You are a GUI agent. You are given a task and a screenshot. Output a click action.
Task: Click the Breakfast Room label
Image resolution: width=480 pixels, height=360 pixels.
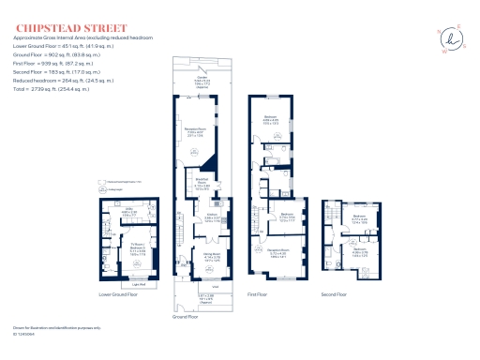(201, 183)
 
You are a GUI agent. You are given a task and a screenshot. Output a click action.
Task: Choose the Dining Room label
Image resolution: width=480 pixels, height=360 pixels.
(213, 253)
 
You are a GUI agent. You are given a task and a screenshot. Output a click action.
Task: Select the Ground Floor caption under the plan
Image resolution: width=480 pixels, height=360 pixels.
(186, 317)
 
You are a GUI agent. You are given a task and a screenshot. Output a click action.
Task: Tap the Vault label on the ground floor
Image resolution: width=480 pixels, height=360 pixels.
(215, 287)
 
